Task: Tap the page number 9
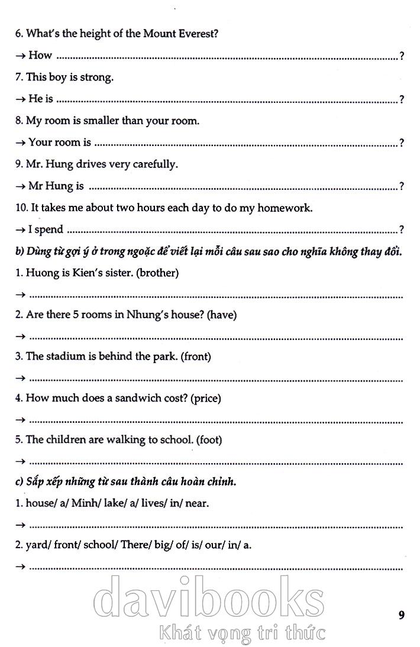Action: [402, 615]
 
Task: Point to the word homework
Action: [287, 208]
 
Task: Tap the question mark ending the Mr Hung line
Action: [402, 187]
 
